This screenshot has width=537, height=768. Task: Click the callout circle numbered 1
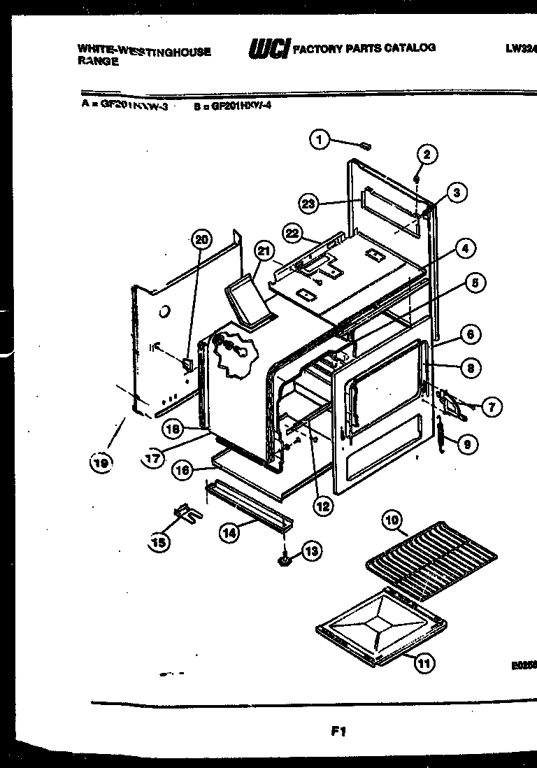[320, 140]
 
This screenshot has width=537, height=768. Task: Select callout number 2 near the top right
[428, 155]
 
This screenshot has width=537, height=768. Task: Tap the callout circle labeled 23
[309, 204]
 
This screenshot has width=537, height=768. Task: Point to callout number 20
[201, 240]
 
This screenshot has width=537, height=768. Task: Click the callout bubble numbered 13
[310, 552]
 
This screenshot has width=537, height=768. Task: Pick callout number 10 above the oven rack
[392, 520]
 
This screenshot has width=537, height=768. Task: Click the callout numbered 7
[492, 406]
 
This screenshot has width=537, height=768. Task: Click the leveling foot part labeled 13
[286, 559]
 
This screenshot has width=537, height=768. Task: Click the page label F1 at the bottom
[338, 732]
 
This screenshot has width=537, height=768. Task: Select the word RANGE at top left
[97, 61]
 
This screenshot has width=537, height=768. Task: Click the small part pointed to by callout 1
[364, 145]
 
